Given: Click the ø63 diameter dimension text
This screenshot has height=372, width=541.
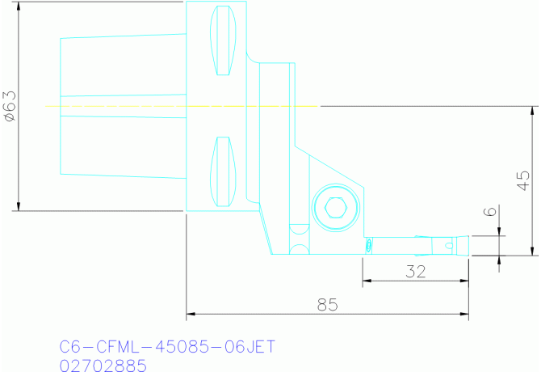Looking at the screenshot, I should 10,106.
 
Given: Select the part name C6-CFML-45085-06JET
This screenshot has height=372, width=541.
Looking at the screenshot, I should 168,347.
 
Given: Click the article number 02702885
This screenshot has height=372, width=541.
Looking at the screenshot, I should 103,366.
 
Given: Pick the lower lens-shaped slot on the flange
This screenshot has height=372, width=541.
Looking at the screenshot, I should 223,171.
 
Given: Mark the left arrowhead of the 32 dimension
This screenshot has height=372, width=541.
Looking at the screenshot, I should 366,281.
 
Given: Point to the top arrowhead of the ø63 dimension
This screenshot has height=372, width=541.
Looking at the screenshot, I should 18,6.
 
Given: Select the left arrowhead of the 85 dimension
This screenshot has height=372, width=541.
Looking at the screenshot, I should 191,314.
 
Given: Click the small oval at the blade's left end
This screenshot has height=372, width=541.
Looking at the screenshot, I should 368,244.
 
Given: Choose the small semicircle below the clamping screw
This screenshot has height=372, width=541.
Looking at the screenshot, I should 299,247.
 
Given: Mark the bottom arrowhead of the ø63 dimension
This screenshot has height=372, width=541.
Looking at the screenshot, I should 18,206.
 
